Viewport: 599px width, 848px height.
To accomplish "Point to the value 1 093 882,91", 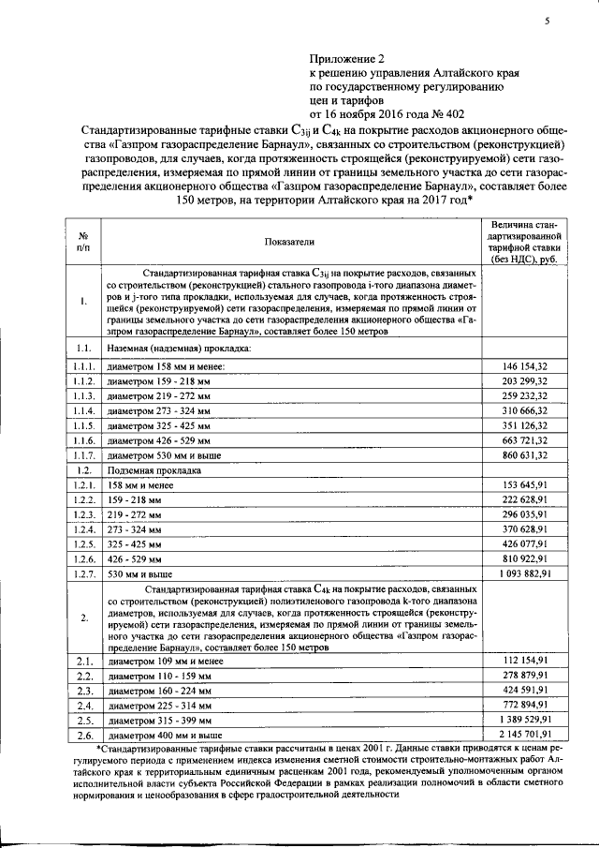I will [x=518, y=572].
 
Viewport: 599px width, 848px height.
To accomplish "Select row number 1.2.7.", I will [x=83, y=572].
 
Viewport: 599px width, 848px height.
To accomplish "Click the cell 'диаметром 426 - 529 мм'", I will [x=160, y=439].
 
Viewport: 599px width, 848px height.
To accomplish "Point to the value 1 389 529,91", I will [x=518, y=719].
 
